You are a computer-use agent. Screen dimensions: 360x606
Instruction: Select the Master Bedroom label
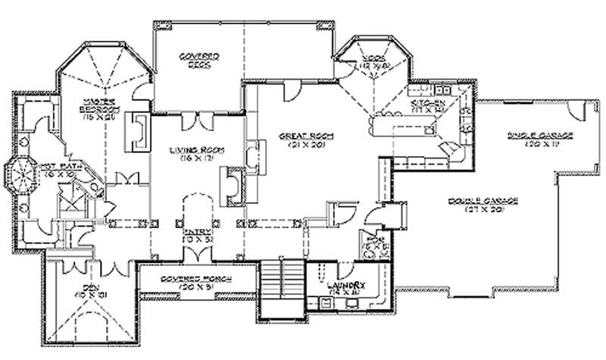point(99,105)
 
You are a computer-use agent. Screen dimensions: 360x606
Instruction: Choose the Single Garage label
point(539,135)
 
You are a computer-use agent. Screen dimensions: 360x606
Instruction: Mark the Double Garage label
point(482,200)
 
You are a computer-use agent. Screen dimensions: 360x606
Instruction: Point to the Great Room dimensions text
point(301,145)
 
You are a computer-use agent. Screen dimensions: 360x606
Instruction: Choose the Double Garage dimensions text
point(482,209)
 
